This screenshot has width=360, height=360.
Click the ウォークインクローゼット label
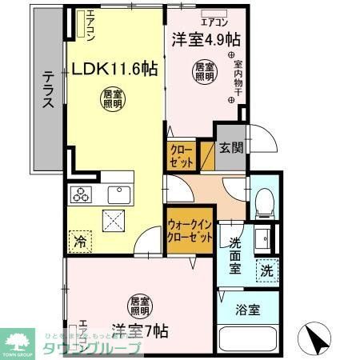190,233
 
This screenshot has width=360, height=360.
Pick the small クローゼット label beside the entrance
180,155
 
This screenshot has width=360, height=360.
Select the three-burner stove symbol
82,194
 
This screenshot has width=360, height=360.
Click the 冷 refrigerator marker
80,239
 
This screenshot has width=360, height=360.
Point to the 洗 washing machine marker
266,270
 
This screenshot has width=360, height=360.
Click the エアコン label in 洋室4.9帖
217,11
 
